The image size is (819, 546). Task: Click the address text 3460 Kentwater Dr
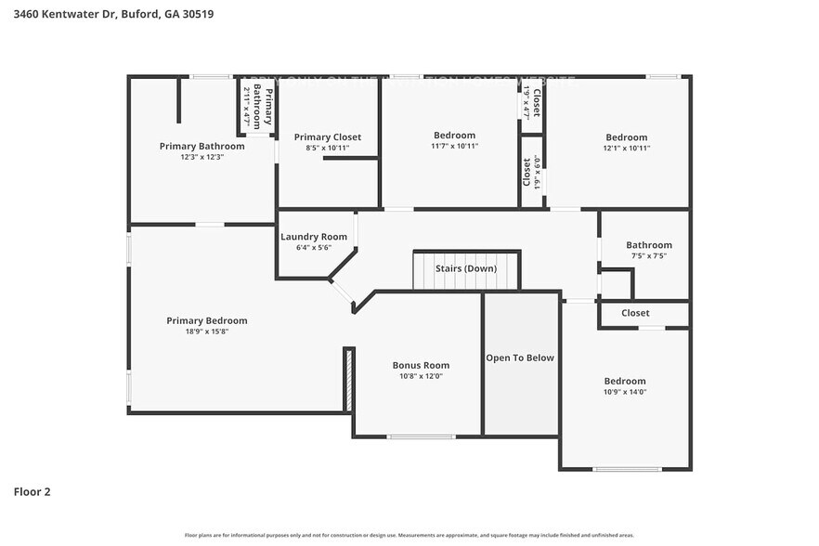click(62, 15)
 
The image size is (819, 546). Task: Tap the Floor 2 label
click(32, 491)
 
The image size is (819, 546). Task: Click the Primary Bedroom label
click(207, 320)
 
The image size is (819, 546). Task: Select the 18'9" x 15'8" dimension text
click(207, 331)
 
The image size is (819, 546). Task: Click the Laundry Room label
click(314, 237)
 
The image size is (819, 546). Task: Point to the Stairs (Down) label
click(466, 269)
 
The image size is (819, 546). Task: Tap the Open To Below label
click(520, 357)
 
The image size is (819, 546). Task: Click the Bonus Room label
click(421, 365)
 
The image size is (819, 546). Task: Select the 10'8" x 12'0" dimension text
click(421, 376)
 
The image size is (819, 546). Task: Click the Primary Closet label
click(328, 136)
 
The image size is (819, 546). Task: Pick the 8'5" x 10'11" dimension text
click(328, 148)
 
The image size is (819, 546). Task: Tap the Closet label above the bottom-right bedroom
click(635, 313)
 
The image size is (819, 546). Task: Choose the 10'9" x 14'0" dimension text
click(625, 392)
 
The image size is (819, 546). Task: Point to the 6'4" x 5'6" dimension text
click(314, 248)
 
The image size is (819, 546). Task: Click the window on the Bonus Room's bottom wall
click(421, 436)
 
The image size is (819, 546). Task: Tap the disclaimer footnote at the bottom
click(409, 536)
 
